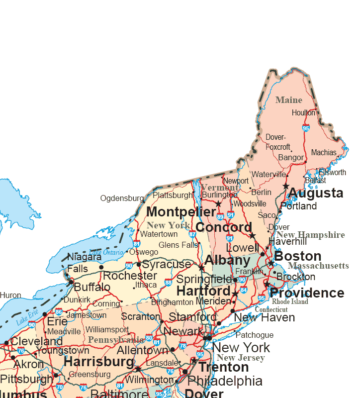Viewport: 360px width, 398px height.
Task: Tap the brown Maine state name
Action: (289, 100)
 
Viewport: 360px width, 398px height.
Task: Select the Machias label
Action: (324, 153)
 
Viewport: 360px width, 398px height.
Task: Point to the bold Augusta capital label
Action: (316, 193)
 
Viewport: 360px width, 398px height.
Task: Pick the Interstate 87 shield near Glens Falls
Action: (193, 234)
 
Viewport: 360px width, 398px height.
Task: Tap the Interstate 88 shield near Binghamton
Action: (168, 283)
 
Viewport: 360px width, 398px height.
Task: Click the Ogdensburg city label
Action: (122, 198)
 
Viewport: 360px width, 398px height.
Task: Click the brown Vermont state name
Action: (219, 188)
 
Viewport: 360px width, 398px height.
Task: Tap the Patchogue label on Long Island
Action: (254, 335)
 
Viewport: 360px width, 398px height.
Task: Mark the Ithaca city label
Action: (146, 285)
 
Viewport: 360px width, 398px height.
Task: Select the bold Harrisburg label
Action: (99, 362)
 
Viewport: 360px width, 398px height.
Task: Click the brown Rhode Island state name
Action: (290, 301)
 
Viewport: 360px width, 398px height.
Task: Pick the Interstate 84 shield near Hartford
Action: (243, 290)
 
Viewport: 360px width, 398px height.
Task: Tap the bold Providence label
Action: (307, 293)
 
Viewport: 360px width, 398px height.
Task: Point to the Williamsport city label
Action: (107, 329)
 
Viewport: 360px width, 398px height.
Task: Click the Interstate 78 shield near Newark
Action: (182, 346)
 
